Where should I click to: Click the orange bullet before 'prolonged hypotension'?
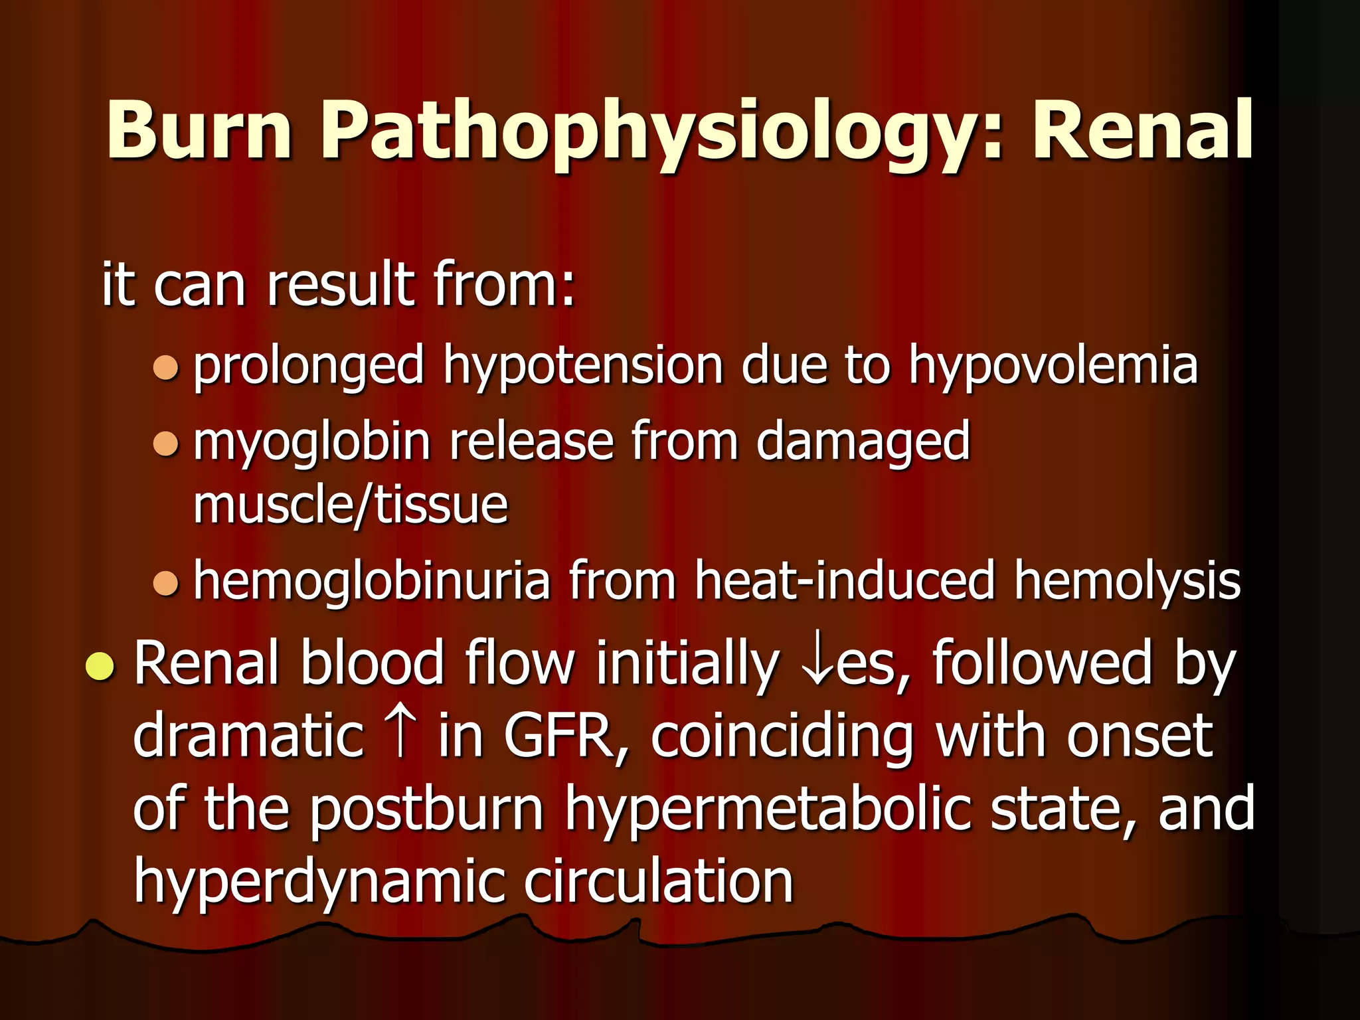tap(166, 367)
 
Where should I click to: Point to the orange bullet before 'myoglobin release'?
tap(166, 444)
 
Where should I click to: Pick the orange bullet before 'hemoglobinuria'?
tap(166, 583)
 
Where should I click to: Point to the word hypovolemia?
tap(1053, 367)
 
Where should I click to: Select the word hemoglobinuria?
tap(372, 582)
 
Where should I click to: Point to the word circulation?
tap(659, 882)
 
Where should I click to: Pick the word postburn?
tap(427, 810)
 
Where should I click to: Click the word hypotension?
tap(583, 367)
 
